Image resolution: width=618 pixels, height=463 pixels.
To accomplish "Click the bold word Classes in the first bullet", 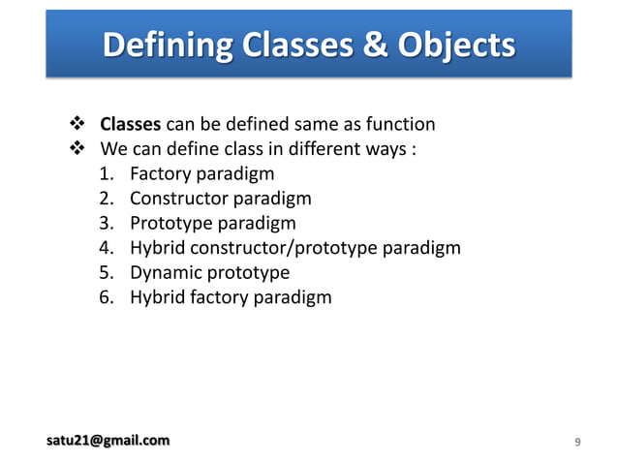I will click(x=131, y=124).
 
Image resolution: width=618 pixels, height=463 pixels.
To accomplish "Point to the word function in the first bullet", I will click(x=399, y=124).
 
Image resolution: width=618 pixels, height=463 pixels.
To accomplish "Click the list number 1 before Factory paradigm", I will click(x=106, y=174).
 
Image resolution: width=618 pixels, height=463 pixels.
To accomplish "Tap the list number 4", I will click(x=106, y=248).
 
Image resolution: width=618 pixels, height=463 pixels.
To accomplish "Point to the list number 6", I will click(x=106, y=297).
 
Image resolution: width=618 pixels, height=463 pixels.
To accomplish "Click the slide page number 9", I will click(x=577, y=443).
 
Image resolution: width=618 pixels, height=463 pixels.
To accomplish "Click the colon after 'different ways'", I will click(x=414, y=150).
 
